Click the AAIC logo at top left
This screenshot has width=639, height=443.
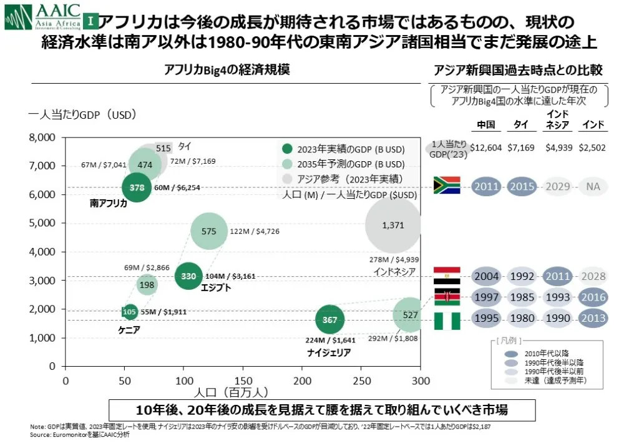coord(43,17)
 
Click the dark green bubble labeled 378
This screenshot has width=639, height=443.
coord(137,187)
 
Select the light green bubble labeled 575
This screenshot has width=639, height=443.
coord(209,231)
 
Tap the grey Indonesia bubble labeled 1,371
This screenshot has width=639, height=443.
coord(393,225)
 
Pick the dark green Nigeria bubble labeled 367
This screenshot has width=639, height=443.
coord(329,320)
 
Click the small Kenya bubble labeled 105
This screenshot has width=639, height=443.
coord(130,312)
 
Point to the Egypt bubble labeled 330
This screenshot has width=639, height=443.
coord(188,276)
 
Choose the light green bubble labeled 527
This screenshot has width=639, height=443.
coord(410,315)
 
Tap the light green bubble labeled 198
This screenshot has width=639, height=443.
coord(147,286)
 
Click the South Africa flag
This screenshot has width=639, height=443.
coord(446,186)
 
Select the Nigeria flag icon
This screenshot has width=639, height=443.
coord(446,321)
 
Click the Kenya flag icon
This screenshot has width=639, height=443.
coord(446,297)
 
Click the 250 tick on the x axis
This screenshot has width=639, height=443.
coord(361,381)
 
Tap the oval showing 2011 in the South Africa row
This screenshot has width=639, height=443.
coord(486,187)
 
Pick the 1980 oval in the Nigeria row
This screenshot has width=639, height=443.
coord(521,319)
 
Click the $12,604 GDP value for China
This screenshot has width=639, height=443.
coord(485,148)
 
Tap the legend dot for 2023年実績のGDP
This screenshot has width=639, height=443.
coord(287,149)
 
